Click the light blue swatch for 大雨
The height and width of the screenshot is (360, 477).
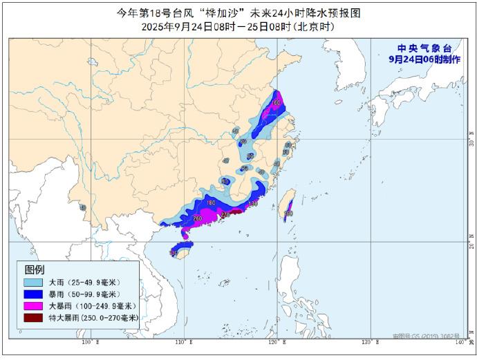click(33, 283)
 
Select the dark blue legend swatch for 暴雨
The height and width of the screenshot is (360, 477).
click(33, 294)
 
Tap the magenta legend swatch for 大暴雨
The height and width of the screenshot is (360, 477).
click(33, 305)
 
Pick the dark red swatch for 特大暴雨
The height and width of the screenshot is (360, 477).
click(33, 317)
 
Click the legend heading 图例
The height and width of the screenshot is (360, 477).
click(34, 269)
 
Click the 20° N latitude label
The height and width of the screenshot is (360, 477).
click(470, 243)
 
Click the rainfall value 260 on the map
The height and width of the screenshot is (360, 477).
click(197, 219)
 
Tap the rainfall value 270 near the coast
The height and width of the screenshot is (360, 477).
click(226, 214)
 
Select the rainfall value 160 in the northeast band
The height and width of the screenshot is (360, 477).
click(276, 103)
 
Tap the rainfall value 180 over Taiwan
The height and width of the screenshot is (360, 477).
click(288, 214)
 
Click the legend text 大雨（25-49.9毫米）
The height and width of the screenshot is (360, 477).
click(84, 283)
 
